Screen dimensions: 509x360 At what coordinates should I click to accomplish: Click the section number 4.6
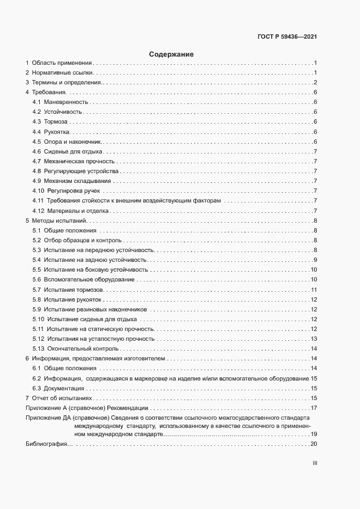[x=36, y=151]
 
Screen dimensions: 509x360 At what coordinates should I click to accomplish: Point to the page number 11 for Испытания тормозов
[x=314, y=290]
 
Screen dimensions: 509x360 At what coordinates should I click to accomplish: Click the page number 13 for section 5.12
[x=314, y=339]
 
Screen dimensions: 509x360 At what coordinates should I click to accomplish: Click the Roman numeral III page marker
[x=314, y=463]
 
